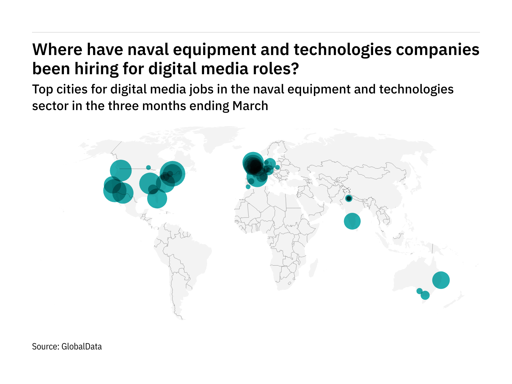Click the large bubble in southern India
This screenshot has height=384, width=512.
click(352, 221)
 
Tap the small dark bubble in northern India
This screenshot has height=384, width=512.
click(349, 199)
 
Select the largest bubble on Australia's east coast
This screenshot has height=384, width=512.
click(441, 280)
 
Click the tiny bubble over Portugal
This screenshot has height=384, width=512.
click(248, 187)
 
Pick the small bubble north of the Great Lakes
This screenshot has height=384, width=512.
click(148, 167)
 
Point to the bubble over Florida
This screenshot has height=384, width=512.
click(157, 198)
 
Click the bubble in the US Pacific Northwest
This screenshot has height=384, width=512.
click(121, 171)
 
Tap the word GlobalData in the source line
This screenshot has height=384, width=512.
click(82, 347)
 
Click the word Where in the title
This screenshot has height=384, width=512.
click(57, 50)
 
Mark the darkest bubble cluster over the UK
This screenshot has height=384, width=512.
click(254, 166)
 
